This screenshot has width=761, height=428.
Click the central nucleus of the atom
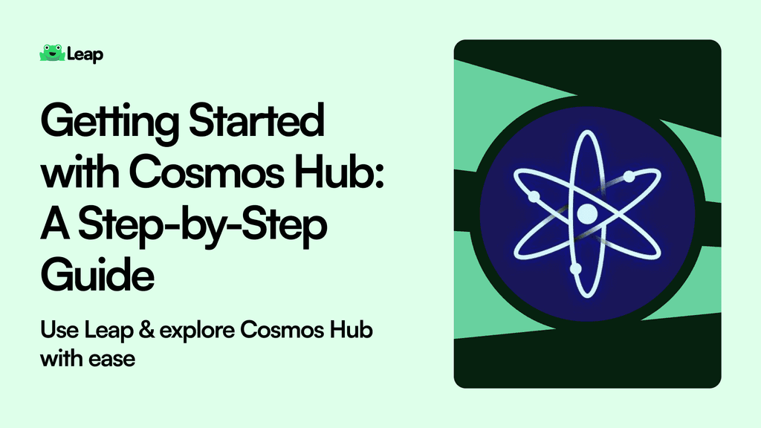587,214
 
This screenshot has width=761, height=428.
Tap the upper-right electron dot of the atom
629,177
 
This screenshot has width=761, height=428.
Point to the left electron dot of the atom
533,197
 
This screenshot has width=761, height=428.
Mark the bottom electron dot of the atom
574,267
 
